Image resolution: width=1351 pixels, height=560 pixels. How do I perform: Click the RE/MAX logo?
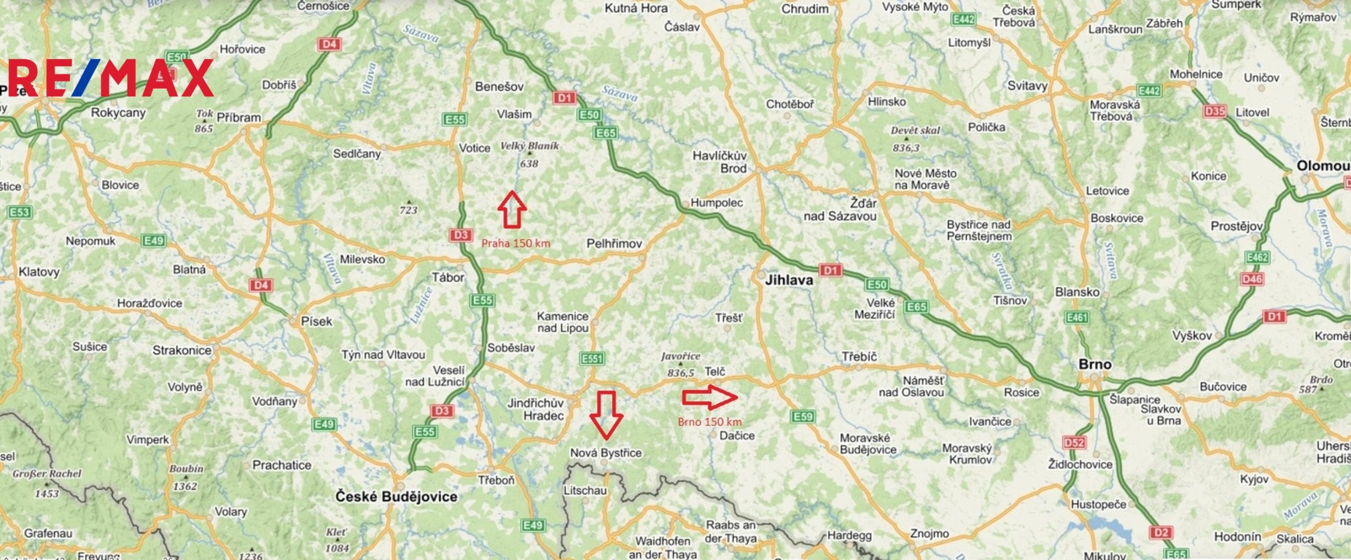tap(111, 78)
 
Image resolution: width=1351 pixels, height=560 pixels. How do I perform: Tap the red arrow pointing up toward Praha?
tap(512, 209)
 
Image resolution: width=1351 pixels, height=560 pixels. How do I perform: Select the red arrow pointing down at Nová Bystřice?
tap(606, 414)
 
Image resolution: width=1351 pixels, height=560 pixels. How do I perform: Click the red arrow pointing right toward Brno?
tap(709, 397)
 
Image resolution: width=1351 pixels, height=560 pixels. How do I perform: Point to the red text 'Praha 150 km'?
tap(515, 243)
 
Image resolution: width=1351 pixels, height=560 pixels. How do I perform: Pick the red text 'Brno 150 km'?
tap(709, 421)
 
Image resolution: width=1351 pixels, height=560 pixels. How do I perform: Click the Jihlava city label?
tap(789, 280)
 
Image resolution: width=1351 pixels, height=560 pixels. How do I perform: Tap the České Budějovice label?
tap(397, 497)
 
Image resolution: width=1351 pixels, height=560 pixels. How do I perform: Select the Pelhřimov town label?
tap(614, 244)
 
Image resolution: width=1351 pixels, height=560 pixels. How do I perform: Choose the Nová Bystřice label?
tap(606, 453)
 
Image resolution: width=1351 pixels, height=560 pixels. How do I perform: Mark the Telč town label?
tap(715, 372)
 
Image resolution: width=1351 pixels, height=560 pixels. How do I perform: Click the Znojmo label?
tap(929, 534)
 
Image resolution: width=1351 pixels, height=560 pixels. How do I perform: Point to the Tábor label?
tap(448, 278)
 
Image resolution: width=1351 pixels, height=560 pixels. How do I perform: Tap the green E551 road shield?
tap(592, 358)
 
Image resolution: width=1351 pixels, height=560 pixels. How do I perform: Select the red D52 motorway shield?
tap(1074, 443)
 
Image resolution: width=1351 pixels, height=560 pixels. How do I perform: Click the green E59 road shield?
tap(802, 416)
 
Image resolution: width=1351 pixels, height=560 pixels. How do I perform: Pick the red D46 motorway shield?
tap(1252, 279)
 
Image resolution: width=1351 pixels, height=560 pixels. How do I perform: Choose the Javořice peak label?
tap(680, 357)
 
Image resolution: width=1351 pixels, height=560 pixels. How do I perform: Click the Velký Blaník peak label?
tap(529, 146)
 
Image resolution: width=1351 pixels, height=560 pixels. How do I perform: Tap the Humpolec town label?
tap(717, 203)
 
